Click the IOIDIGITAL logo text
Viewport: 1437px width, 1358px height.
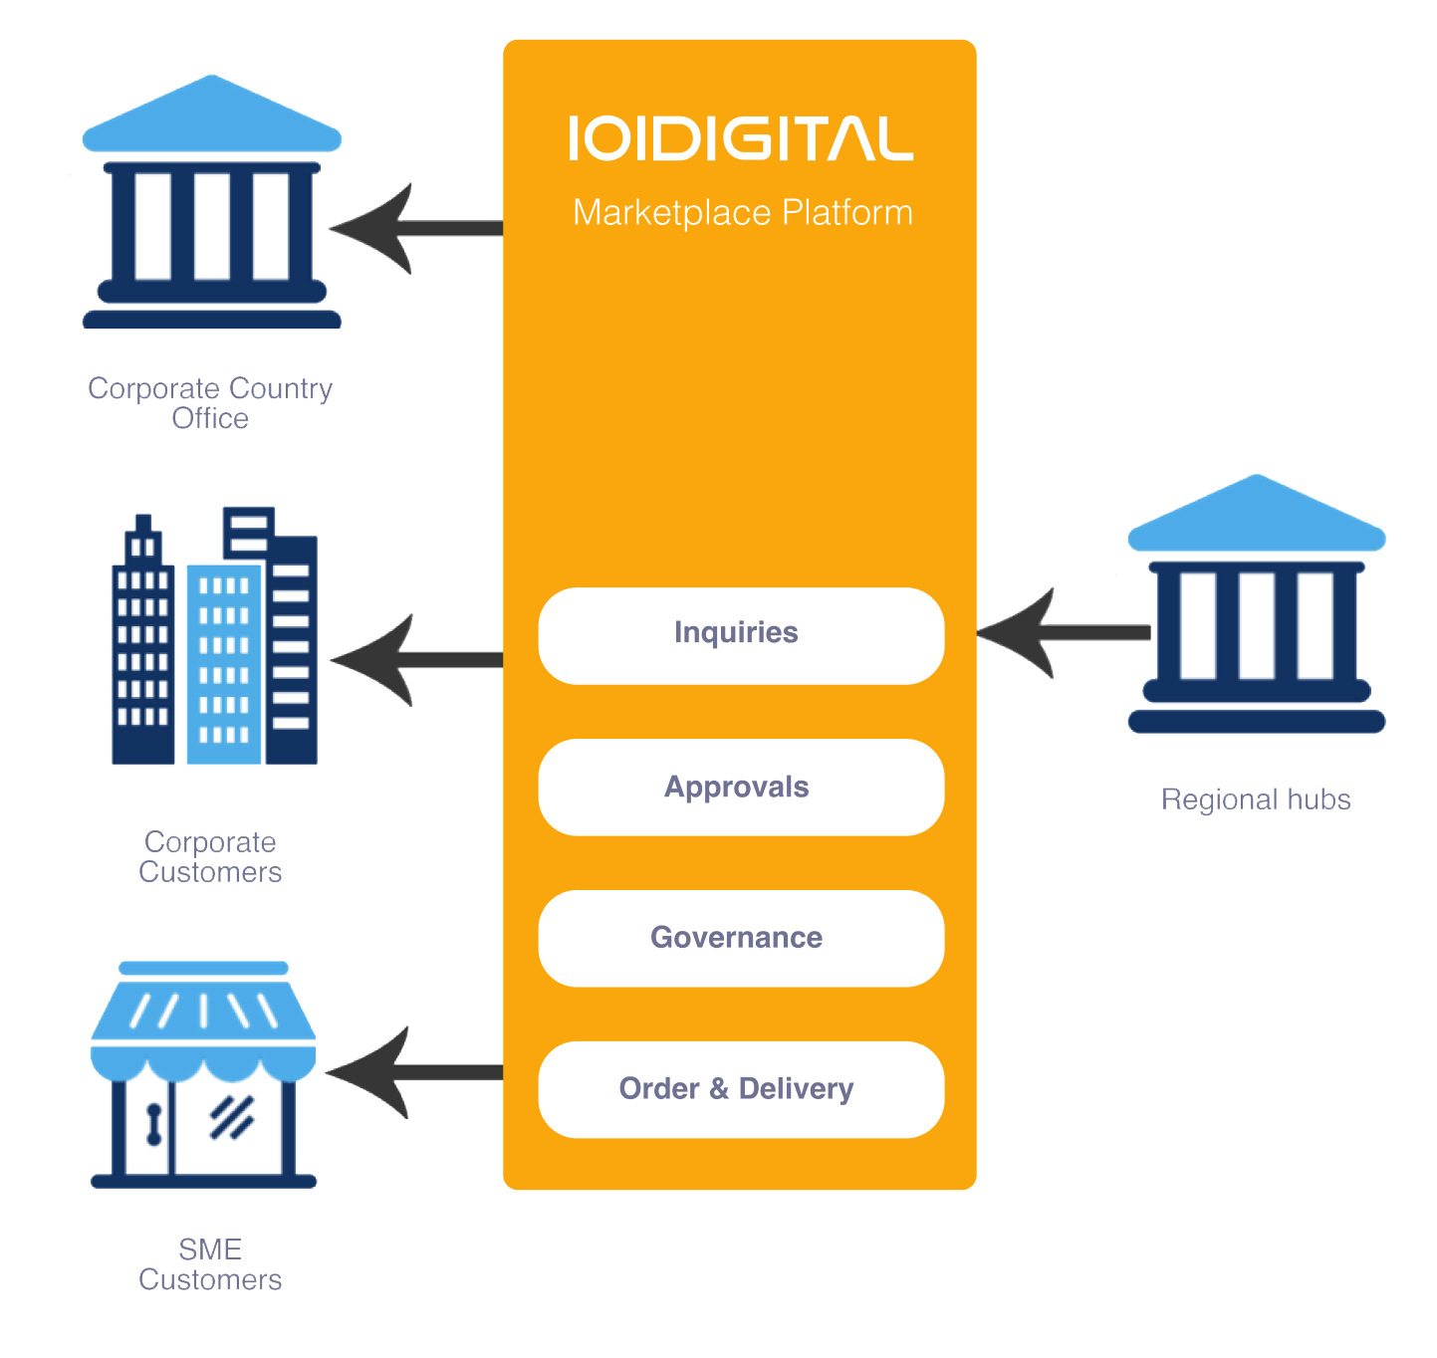click(x=741, y=138)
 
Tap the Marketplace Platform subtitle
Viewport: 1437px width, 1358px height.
click(x=743, y=213)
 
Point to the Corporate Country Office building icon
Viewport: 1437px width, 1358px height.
click(x=211, y=204)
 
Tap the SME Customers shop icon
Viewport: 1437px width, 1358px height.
click(x=203, y=1075)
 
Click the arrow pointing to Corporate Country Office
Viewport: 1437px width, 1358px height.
click(x=413, y=228)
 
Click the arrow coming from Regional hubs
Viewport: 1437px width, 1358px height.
click(x=1062, y=632)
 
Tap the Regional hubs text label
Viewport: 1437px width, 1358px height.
click(x=1256, y=799)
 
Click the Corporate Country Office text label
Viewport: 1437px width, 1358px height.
click(x=210, y=402)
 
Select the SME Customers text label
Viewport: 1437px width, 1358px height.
click(x=210, y=1264)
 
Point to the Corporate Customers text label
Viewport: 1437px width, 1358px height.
click(x=210, y=856)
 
